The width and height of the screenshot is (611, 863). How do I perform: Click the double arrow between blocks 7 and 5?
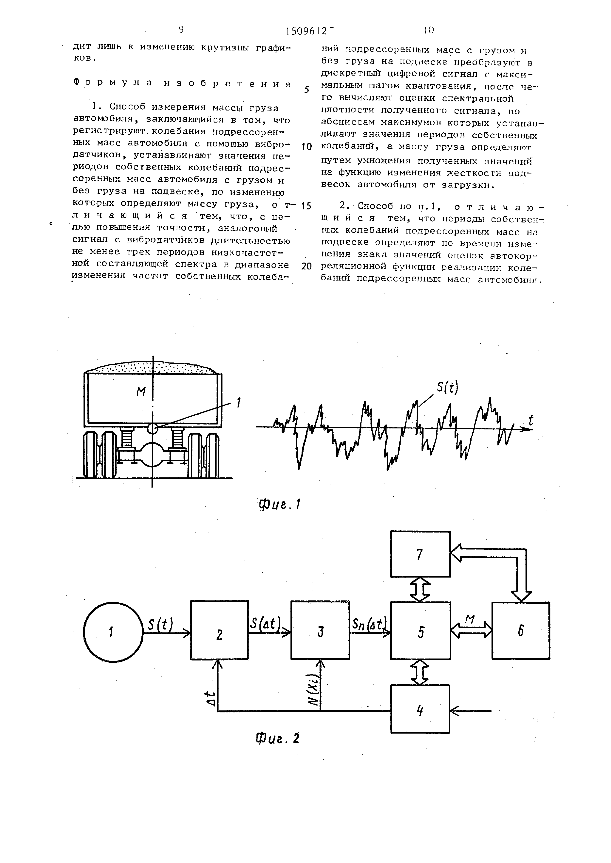[420, 589]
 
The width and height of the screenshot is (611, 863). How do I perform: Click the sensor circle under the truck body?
[152, 428]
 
